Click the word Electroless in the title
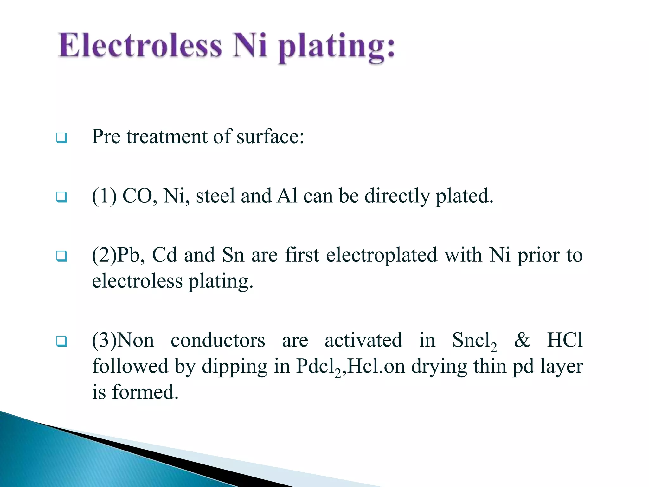click(x=140, y=46)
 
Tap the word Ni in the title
click(x=250, y=46)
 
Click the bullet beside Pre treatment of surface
click(x=62, y=138)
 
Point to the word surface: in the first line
click(x=270, y=137)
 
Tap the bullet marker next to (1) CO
click(x=62, y=197)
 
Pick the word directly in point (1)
click(x=397, y=197)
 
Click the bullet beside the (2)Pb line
click(x=62, y=256)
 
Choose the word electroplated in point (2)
click(x=382, y=255)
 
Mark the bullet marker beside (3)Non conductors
click(x=62, y=341)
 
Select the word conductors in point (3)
click(x=218, y=340)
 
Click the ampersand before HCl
click(x=522, y=340)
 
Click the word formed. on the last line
click(x=145, y=392)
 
